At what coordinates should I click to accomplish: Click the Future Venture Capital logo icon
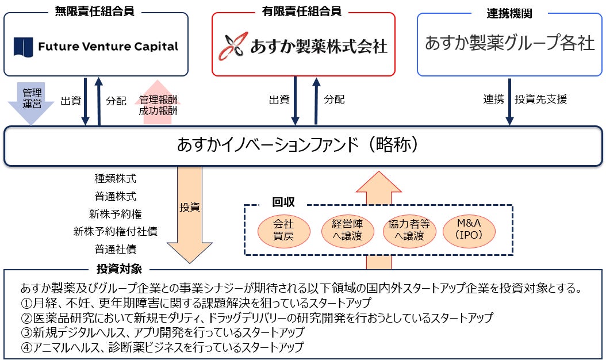click(x=23, y=46)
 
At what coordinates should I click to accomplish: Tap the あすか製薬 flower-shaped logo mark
click(x=233, y=46)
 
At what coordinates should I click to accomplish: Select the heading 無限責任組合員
click(x=95, y=11)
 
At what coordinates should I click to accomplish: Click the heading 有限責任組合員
click(x=304, y=11)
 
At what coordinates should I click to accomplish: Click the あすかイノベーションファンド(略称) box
click(x=303, y=145)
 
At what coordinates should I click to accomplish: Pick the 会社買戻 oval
click(x=283, y=230)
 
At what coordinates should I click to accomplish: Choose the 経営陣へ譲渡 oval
click(x=346, y=230)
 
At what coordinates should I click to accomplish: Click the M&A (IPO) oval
click(x=468, y=230)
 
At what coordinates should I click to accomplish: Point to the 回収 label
click(x=283, y=202)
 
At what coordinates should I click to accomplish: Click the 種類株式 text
click(x=116, y=178)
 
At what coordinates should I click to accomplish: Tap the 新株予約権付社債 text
click(x=116, y=231)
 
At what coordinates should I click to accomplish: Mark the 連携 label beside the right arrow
click(x=493, y=99)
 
